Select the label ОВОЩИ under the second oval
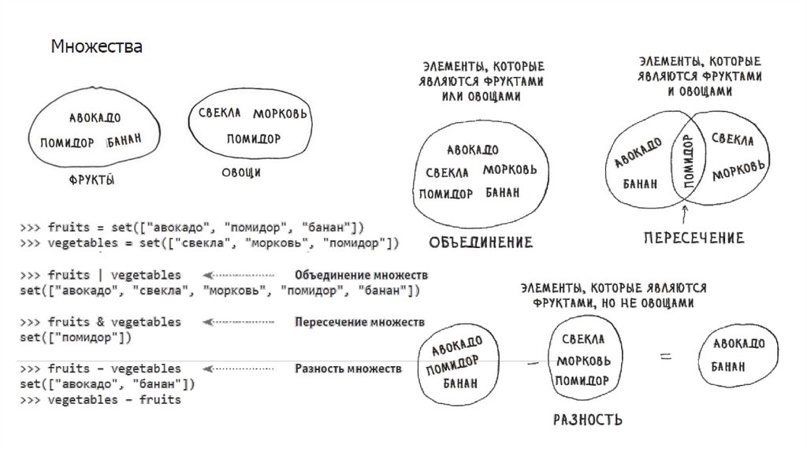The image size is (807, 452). pyautogui.click(x=241, y=172)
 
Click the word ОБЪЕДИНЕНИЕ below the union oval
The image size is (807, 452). pyautogui.click(x=481, y=243)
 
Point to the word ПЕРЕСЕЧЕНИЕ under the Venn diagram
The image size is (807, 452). pyautogui.click(x=693, y=238)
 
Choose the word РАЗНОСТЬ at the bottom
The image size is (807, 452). pyautogui.click(x=588, y=419)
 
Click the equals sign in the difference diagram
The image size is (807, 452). pyautogui.click(x=666, y=356)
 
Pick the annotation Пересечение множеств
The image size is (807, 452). pyautogui.click(x=359, y=322)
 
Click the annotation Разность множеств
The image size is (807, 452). pyautogui.click(x=348, y=369)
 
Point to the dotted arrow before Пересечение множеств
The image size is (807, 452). pyautogui.click(x=238, y=323)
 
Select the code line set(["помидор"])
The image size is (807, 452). pyautogui.click(x=76, y=338)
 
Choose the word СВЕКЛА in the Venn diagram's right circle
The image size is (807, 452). pyautogui.click(x=733, y=140)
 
